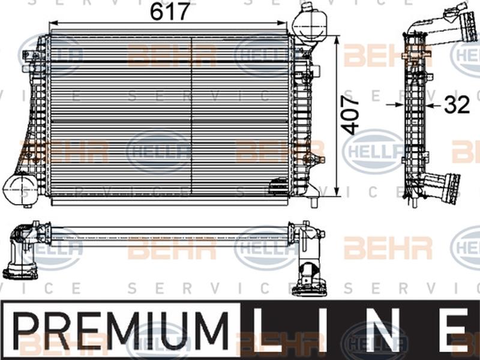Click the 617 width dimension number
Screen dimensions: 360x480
pyautogui.click(x=170, y=11)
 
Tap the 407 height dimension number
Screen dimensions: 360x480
pyautogui.click(x=352, y=114)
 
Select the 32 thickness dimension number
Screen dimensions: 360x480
pyautogui.click(x=457, y=106)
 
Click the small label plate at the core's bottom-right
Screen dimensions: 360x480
pyautogui.click(x=278, y=187)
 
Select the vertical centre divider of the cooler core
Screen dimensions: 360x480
pyautogui.click(x=191, y=114)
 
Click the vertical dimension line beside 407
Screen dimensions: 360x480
pyautogui.click(x=338, y=114)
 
